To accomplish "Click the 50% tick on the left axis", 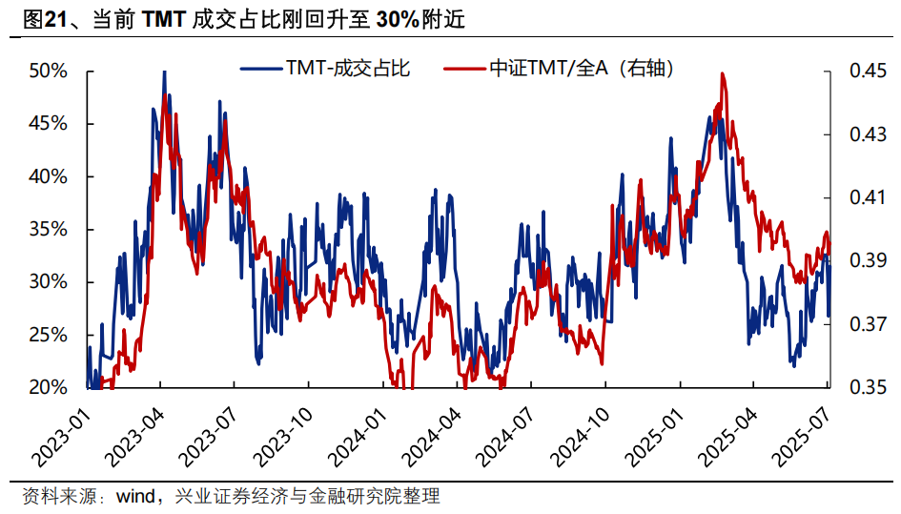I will point(48,72).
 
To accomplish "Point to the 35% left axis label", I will point(48,230).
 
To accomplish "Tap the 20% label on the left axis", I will point(48,388).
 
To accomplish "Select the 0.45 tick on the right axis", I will point(863,72).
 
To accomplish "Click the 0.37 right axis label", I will point(863,325).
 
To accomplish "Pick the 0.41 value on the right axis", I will point(863,198).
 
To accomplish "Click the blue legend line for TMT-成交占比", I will point(262,69).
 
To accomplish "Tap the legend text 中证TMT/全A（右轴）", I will point(582,69).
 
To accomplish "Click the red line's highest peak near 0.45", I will point(722,73).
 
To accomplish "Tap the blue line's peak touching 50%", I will point(164,72).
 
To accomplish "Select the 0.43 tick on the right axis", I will point(863,134).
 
